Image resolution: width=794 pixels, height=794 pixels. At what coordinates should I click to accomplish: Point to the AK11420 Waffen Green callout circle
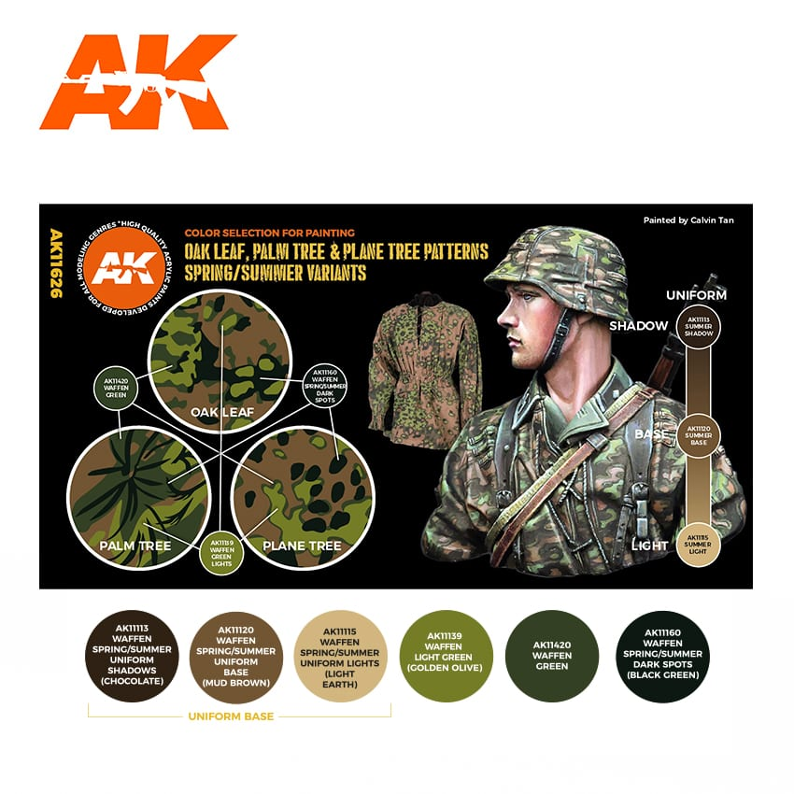click(115, 388)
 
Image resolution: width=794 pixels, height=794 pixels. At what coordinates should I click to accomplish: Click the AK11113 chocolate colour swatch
click(131, 657)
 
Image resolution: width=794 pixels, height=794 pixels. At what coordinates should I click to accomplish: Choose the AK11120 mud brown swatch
click(237, 657)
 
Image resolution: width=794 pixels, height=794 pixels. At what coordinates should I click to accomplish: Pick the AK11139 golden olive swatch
click(446, 657)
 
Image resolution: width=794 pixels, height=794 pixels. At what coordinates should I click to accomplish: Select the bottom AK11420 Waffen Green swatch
click(551, 657)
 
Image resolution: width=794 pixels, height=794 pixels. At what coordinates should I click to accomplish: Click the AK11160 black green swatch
click(662, 657)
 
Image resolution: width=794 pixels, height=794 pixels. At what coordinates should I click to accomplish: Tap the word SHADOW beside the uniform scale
click(639, 326)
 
